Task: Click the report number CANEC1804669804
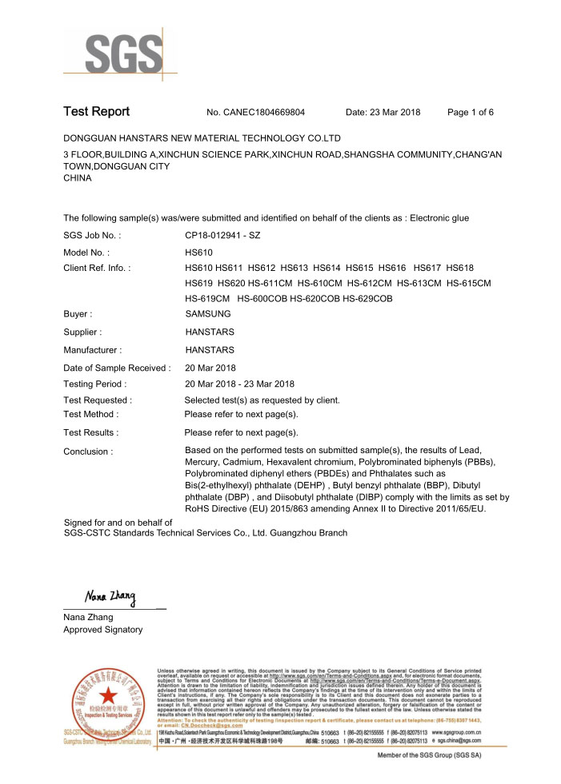click(x=264, y=113)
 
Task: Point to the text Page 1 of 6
click(x=471, y=113)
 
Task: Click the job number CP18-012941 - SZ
click(x=222, y=236)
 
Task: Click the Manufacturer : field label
click(x=92, y=350)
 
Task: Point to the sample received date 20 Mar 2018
click(x=210, y=368)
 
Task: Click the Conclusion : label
click(x=88, y=452)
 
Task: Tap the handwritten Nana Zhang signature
click(x=110, y=598)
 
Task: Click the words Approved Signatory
click(x=102, y=630)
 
